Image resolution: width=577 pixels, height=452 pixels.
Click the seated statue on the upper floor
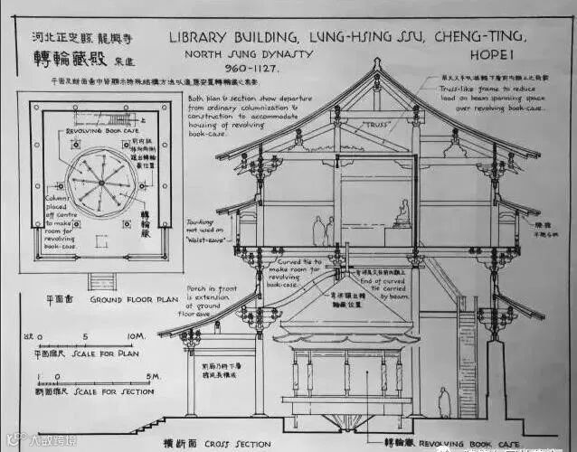point(403,214)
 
